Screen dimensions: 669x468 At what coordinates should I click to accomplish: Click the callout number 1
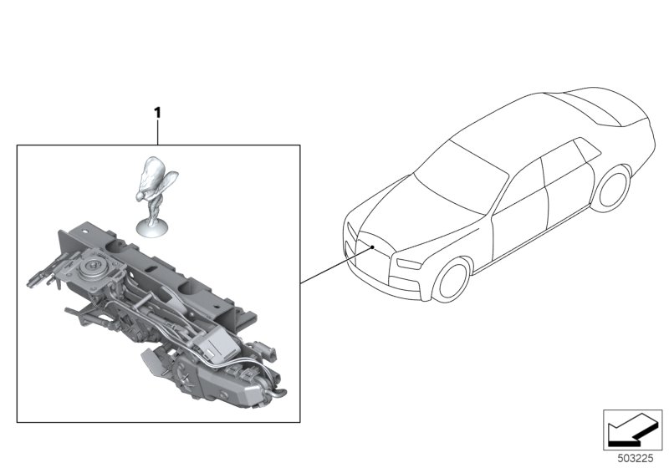157,113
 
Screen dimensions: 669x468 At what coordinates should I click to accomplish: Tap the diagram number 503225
636,459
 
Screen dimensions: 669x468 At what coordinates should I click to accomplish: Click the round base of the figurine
152,227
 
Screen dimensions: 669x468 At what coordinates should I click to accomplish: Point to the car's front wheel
452,279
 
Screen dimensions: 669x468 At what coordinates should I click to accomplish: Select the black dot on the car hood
372,247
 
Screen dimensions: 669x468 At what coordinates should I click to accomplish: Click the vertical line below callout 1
158,132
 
